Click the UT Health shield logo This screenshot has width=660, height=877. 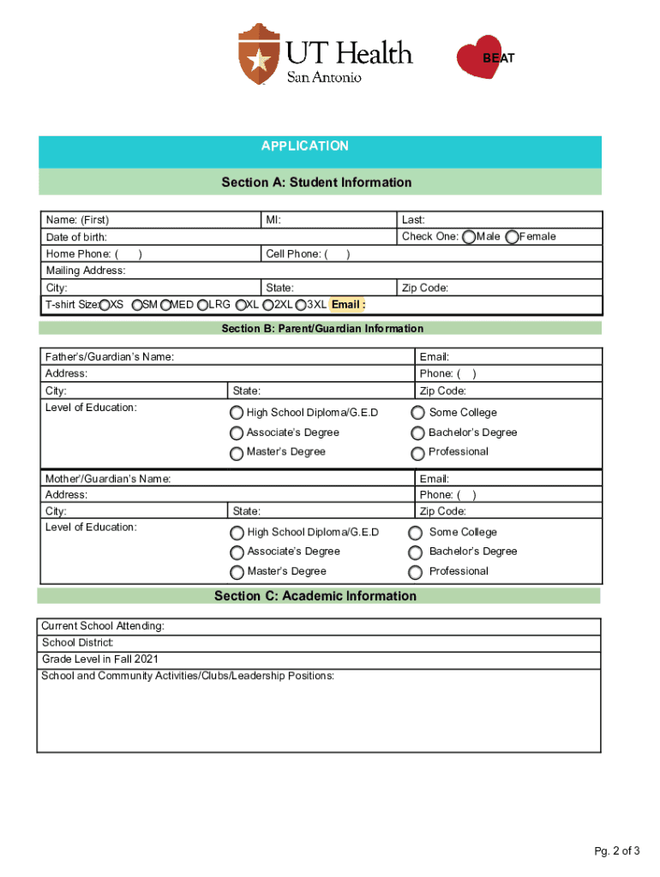coord(259,54)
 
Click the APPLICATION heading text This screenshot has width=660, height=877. coord(305,146)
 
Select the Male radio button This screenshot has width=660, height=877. coord(469,237)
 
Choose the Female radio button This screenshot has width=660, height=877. coord(513,237)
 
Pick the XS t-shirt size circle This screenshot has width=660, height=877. coord(105,305)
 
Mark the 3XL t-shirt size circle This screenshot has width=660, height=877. coord(300,305)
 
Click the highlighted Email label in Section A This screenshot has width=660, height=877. coord(348,305)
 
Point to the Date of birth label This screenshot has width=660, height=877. coord(76,237)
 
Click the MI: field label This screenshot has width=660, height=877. coord(273,220)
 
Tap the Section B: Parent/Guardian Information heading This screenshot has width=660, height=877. coord(322,329)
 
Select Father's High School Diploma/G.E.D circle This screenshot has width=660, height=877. coord(237,413)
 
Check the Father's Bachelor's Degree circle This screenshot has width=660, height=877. coord(418,433)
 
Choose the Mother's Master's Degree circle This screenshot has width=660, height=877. coord(237,572)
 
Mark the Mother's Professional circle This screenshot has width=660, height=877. coord(416,572)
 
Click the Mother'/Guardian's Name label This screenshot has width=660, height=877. coord(107,479)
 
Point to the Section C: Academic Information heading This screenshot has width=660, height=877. coord(315,596)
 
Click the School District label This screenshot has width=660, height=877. coord(78,643)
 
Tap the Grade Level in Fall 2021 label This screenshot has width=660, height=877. coord(99,659)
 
